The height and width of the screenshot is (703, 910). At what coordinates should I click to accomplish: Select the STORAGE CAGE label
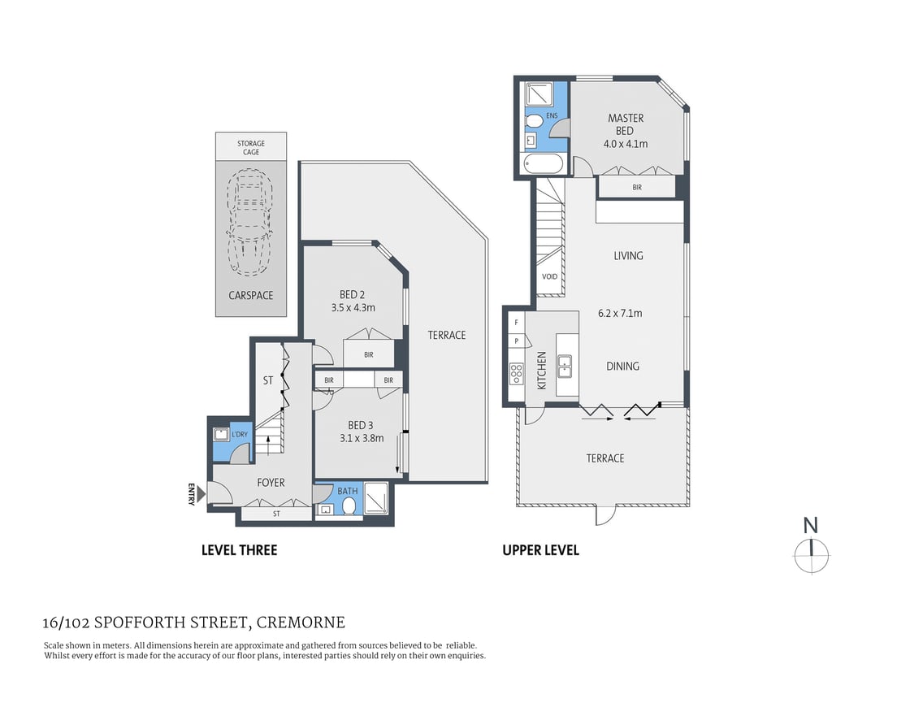tap(251, 147)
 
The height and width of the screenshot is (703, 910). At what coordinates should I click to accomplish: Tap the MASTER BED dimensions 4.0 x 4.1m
tap(626, 144)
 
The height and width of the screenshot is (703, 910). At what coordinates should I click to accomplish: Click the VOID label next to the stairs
tap(550, 277)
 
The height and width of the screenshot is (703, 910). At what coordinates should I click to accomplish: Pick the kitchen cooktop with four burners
tap(516, 373)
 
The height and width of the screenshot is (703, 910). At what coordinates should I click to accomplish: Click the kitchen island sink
tap(566, 365)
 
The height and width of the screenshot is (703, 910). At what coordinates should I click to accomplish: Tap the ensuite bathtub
tap(542, 164)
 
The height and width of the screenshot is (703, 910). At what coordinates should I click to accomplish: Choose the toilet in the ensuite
tap(535, 121)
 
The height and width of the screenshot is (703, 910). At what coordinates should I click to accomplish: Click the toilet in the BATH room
tap(349, 506)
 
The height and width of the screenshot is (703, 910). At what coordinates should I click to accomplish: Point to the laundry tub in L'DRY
tap(220, 434)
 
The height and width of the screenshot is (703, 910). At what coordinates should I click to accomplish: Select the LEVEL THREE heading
tap(239, 550)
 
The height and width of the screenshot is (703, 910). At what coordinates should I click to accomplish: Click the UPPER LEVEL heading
tap(540, 550)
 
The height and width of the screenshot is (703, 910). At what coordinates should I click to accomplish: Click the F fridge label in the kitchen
tap(516, 323)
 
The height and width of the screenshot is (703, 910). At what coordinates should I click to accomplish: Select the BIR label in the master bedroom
tap(637, 187)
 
